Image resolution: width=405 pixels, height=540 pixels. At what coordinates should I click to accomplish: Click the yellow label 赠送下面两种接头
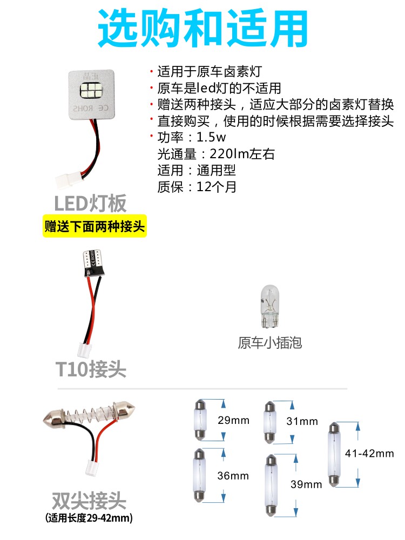[x=94, y=226]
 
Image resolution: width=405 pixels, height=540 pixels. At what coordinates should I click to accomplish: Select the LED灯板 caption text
[x=90, y=203]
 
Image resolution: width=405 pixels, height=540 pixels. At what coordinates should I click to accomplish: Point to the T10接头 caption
[x=91, y=369]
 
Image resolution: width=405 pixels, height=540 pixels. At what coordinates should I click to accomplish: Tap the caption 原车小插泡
[x=269, y=342]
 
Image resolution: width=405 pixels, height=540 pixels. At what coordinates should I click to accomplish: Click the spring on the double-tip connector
[x=94, y=415]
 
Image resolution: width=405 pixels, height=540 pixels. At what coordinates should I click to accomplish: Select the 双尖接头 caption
[x=89, y=500]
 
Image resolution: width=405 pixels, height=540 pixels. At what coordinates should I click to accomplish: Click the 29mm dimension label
[x=233, y=420]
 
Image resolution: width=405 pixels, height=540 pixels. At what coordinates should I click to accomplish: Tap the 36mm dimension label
[x=233, y=476]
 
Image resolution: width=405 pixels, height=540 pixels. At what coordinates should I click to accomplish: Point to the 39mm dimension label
[x=306, y=484]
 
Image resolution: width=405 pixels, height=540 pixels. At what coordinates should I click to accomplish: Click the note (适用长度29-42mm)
[x=89, y=518]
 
